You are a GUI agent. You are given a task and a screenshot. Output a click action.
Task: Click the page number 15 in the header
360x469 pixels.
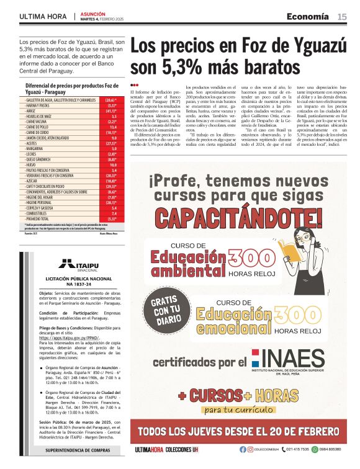pos(342,16)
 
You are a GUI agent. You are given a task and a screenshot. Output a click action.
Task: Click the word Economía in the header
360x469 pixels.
pos(308,16)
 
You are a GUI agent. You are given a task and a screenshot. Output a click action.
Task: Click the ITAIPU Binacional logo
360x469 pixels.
pos(75,266)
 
